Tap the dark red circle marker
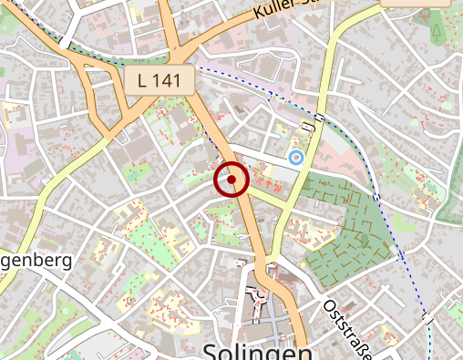coord(231,180)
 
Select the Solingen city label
coord(257,351)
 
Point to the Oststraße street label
coord(350,324)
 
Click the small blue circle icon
coord(295,158)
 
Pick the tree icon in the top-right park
coord(437,34)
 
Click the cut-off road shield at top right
coord(415,3)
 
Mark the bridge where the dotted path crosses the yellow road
coord(320,119)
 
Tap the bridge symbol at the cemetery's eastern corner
coord(376,195)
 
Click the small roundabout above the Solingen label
coord(260,294)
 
